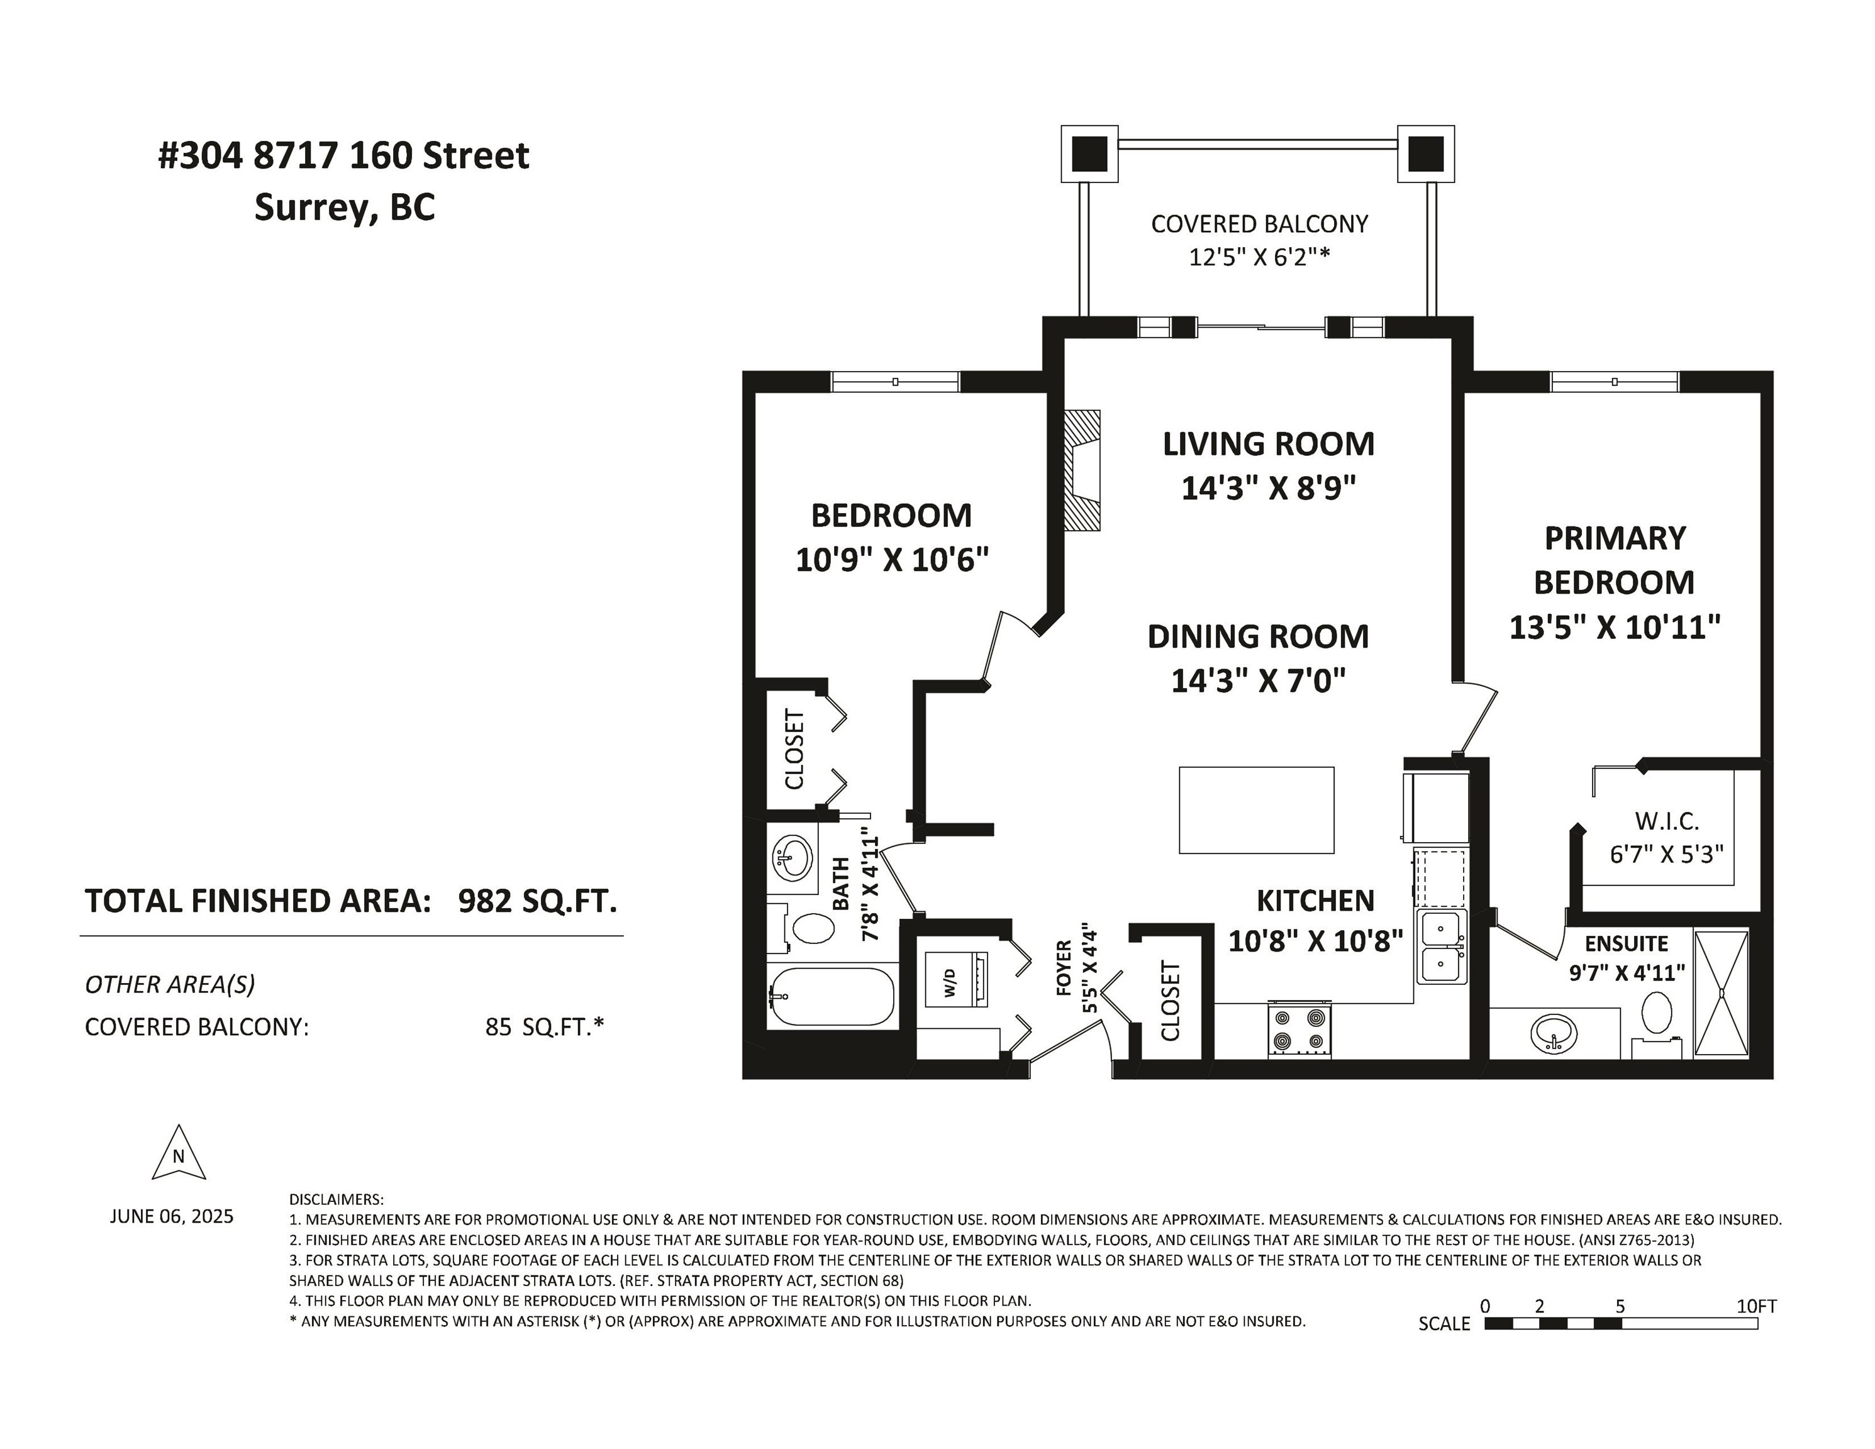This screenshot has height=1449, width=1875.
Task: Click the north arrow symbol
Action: tap(179, 1153)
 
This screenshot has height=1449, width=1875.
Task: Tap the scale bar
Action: tap(1621, 1323)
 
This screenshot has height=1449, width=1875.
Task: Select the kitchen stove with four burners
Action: tap(1299, 1030)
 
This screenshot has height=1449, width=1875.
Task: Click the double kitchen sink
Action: tap(1442, 947)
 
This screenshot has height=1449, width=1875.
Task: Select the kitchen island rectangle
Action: tap(1256, 809)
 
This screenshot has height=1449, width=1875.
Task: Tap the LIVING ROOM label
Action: tap(1268, 444)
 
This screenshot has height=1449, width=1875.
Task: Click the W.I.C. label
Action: tap(1666, 821)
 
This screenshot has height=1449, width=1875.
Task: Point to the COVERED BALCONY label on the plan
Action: tap(1259, 224)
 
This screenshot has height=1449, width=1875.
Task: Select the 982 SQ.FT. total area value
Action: tap(537, 901)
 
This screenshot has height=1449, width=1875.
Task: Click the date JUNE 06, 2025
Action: tap(172, 1216)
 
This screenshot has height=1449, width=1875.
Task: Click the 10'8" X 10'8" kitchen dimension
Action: tap(1315, 941)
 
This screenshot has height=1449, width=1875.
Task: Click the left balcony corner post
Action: tap(1089, 153)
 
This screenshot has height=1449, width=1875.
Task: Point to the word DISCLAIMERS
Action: tap(336, 1199)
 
